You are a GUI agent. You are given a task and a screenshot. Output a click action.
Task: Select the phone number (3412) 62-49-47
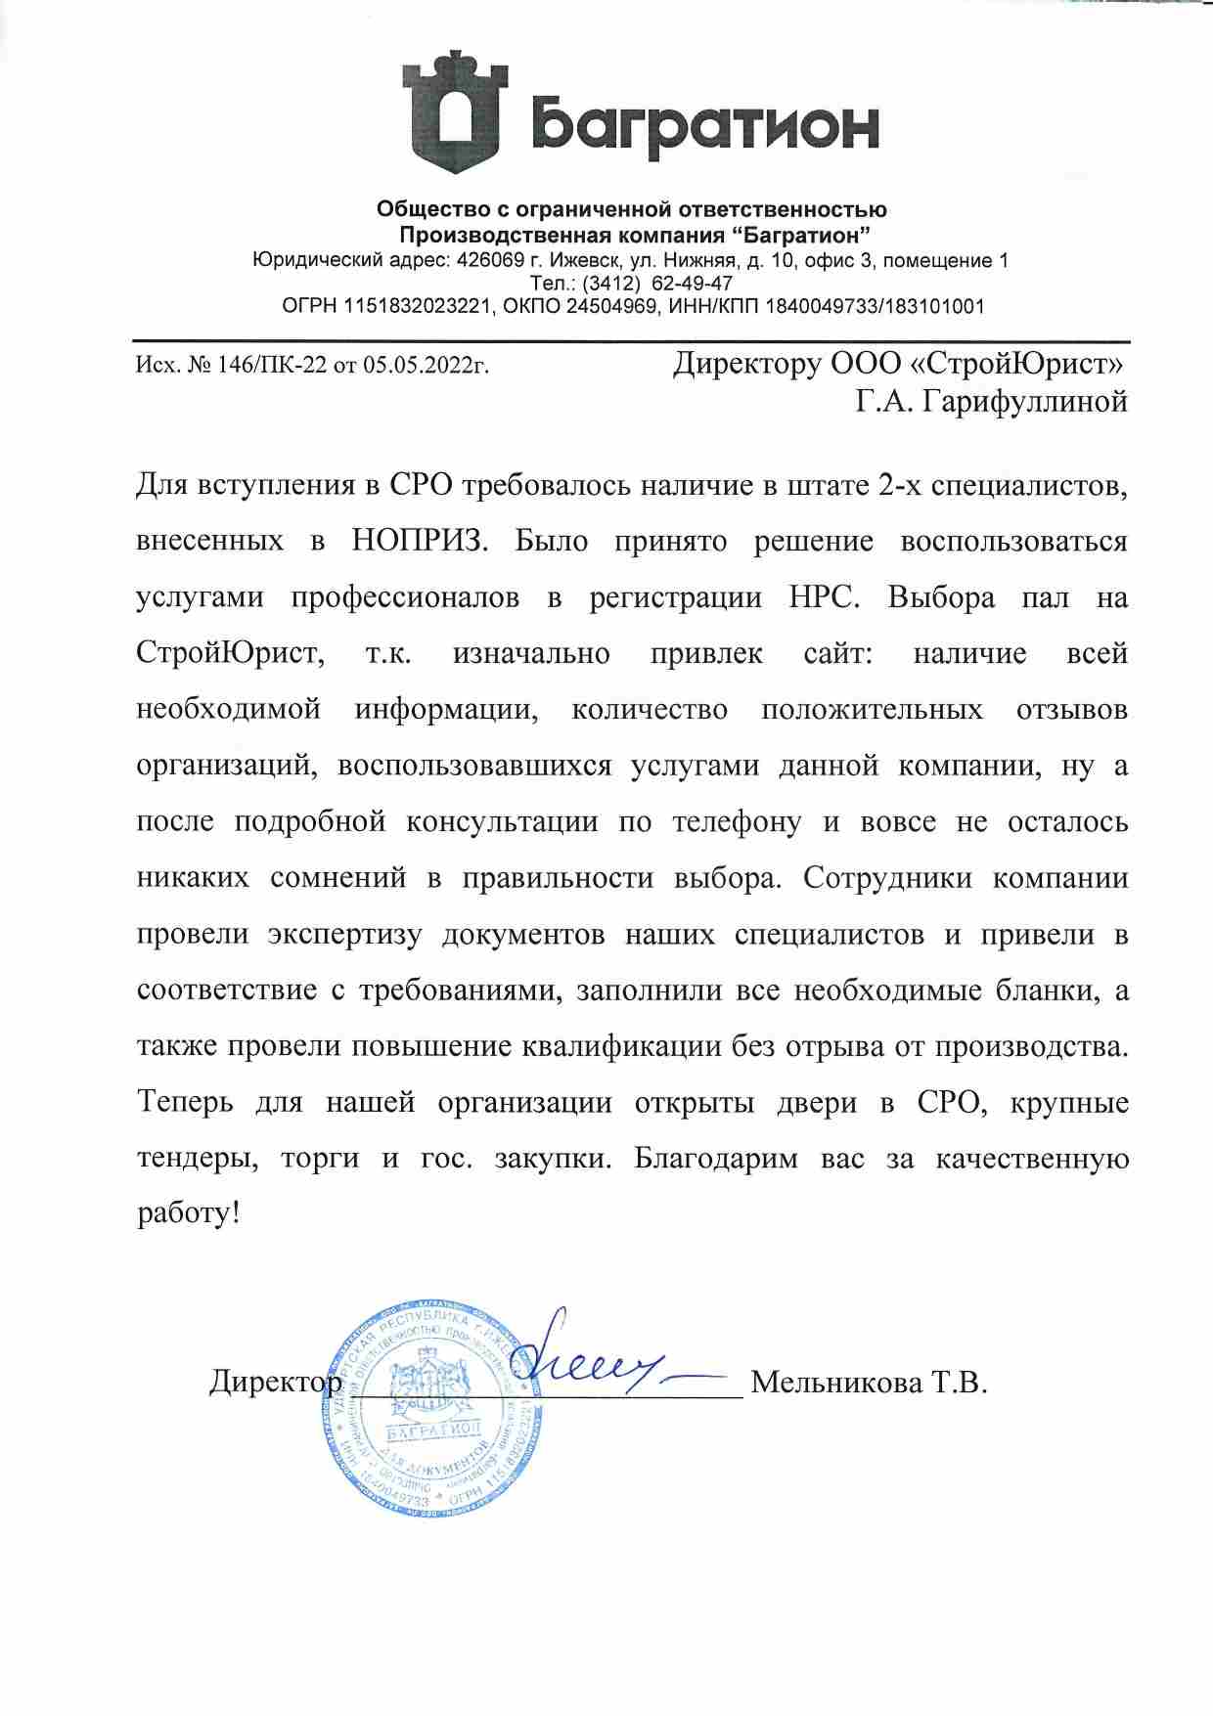(657, 284)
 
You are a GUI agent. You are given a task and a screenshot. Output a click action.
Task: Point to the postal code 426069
(484, 261)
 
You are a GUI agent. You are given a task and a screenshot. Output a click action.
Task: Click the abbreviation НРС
(822, 597)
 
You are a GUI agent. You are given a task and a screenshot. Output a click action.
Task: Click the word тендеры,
(199, 1159)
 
